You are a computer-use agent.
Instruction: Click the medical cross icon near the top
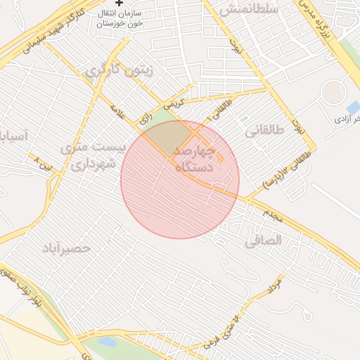click(120, 3)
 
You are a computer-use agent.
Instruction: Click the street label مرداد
click(274, 285)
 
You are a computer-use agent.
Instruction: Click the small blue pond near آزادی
click(353, 108)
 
